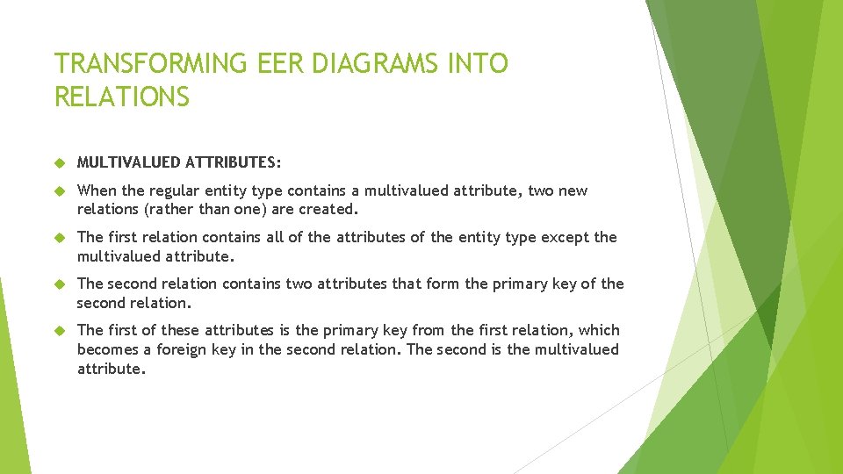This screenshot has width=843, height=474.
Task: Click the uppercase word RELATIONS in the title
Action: [122, 97]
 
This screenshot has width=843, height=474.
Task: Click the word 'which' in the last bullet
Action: [599, 330]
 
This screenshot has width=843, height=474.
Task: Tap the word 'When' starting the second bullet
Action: [95, 191]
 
